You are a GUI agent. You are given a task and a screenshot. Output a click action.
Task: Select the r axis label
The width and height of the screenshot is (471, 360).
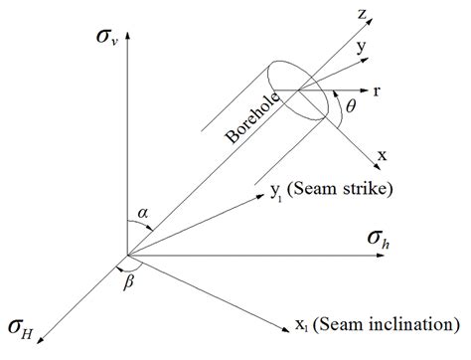(378, 90)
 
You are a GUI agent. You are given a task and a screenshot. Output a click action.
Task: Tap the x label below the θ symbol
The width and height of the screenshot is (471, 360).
(382, 157)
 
